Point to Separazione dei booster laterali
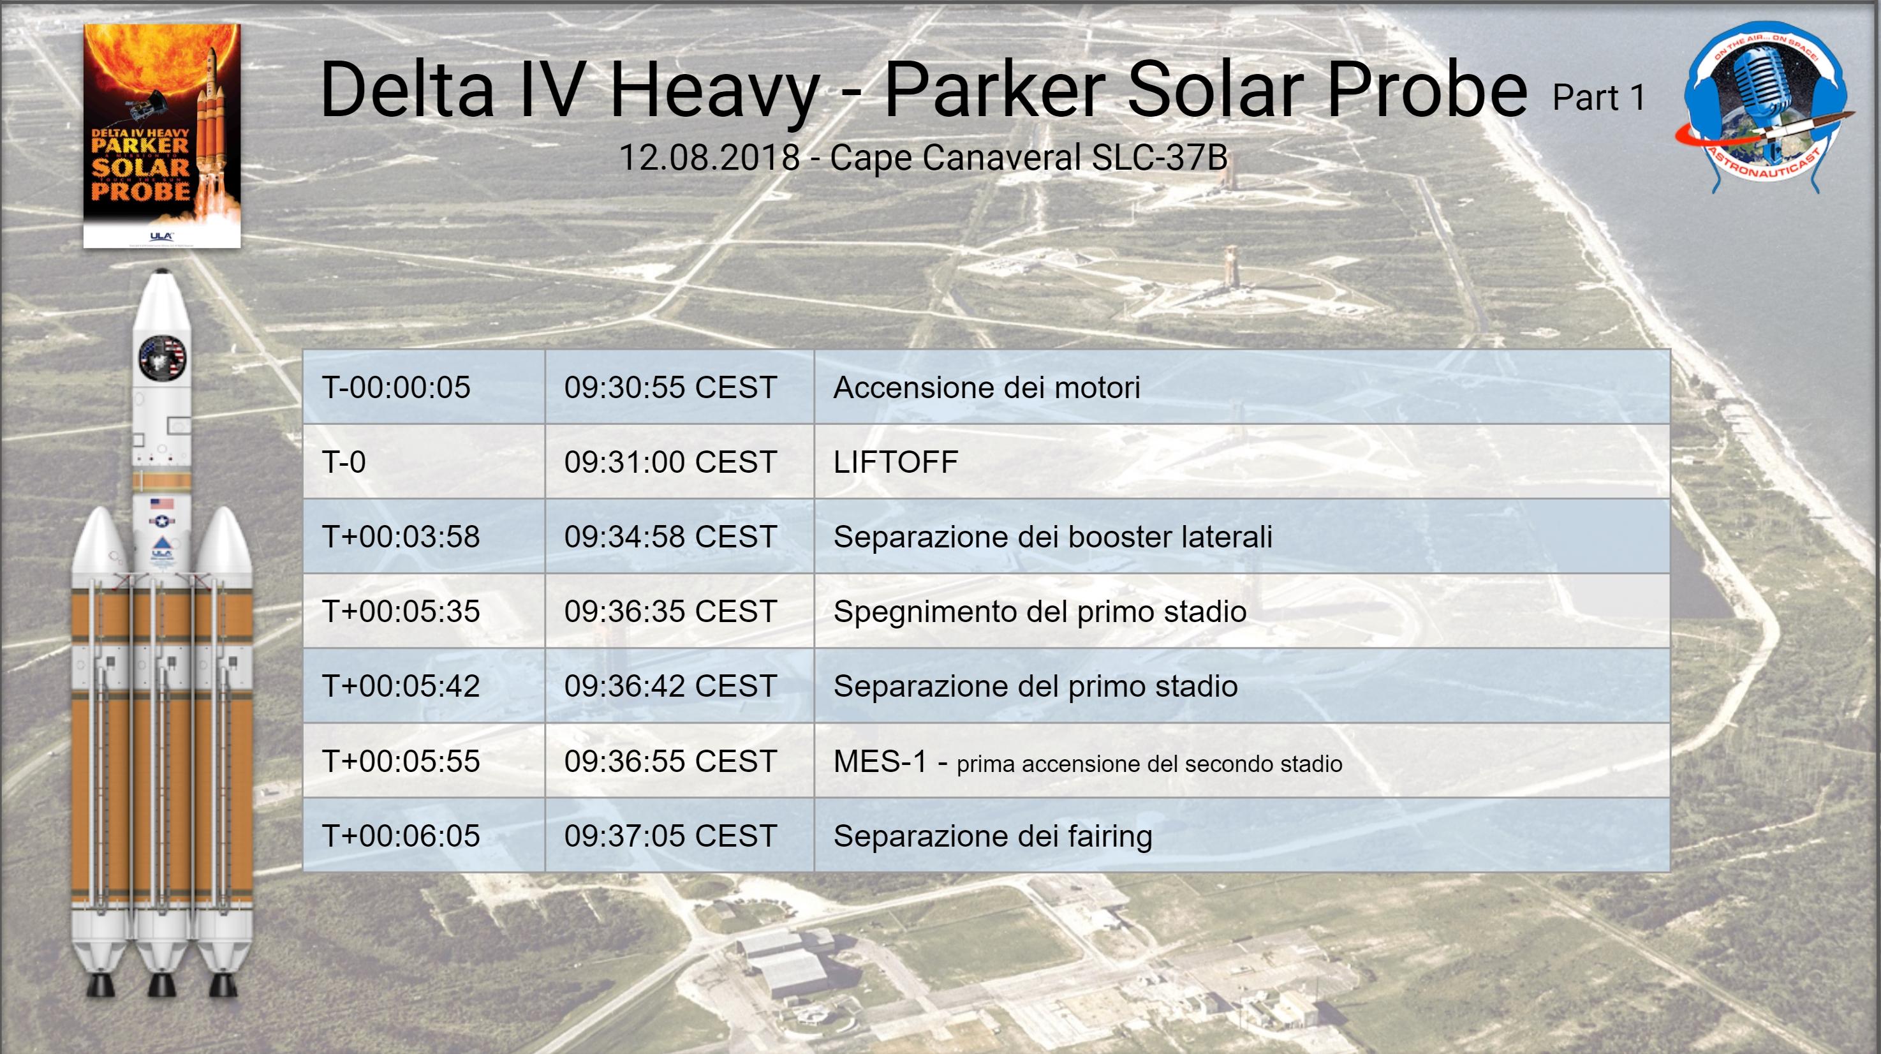[x=1053, y=537]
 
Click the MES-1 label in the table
[x=880, y=761]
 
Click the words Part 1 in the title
[x=1599, y=98]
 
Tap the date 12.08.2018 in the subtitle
[x=710, y=157]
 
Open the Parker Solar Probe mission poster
[x=161, y=136]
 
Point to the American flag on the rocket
[x=161, y=503]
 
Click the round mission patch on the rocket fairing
[x=162, y=358]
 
